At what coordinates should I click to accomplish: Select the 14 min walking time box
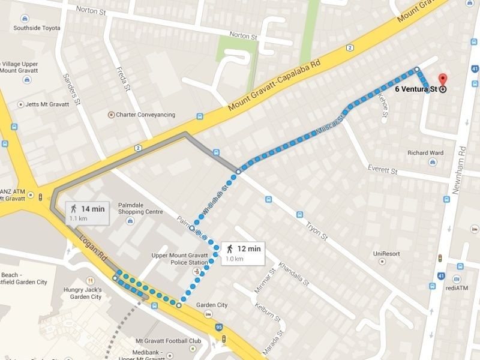(88, 212)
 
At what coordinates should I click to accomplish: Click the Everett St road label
(383, 172)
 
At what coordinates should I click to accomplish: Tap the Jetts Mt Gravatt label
(52, 104)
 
